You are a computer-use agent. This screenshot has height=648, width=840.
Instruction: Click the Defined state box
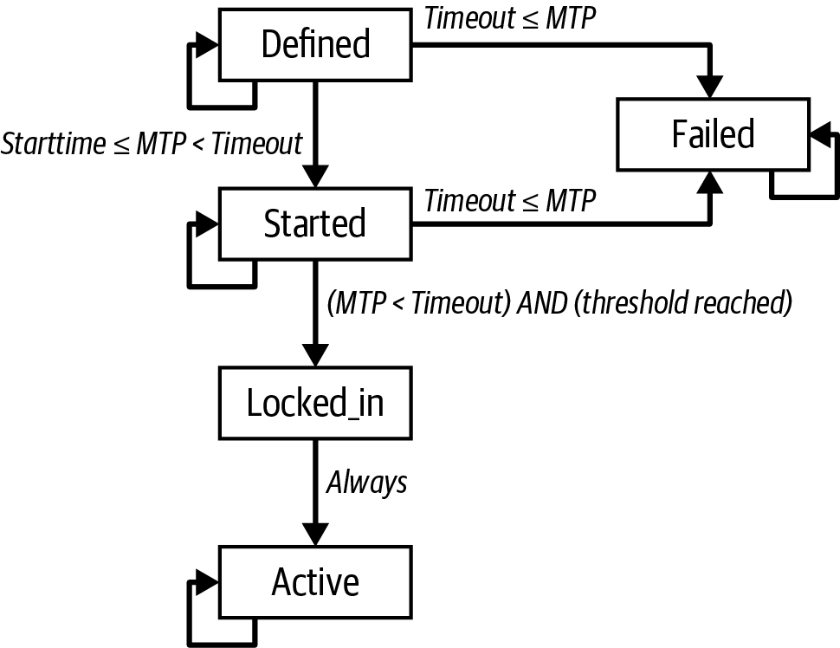click(315, 43)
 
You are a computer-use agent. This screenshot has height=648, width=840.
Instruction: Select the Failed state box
click(712, 134)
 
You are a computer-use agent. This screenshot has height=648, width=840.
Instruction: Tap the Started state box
click(315, 224)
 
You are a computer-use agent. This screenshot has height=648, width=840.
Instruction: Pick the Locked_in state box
click(315, 404)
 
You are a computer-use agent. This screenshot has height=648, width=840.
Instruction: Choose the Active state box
click(315, 582)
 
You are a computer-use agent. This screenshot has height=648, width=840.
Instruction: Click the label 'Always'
click(366, 483)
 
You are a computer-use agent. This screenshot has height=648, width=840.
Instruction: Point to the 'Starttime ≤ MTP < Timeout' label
click(152, 142)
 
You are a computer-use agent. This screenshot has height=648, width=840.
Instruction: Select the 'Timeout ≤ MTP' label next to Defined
click(510, 18)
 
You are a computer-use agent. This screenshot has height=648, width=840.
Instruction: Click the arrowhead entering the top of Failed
click(711, 87)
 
